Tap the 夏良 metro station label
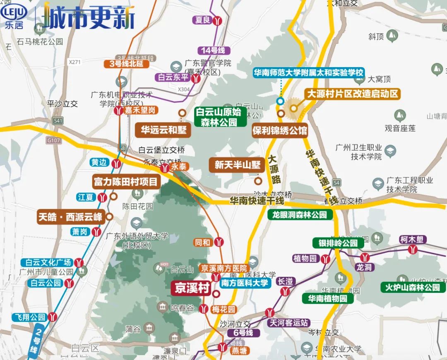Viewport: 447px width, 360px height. (x=203, y=20)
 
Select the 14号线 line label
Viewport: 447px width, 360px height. (x=213, y=51)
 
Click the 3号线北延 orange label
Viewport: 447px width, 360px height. (x=123, y=64)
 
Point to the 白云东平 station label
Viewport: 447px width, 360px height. (x=173, y=77)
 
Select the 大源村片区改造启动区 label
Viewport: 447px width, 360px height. (x=352, y=94)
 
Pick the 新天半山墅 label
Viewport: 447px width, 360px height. (x=237, y=165)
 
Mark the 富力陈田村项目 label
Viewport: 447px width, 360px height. (x=126, y=181)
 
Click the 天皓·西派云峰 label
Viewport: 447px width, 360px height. (x=70, y=217)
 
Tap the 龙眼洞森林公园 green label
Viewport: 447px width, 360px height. (x=300, y=215)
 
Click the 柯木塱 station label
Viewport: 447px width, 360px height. (x=413, y=239)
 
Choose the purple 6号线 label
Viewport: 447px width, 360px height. (x=244, y=333)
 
